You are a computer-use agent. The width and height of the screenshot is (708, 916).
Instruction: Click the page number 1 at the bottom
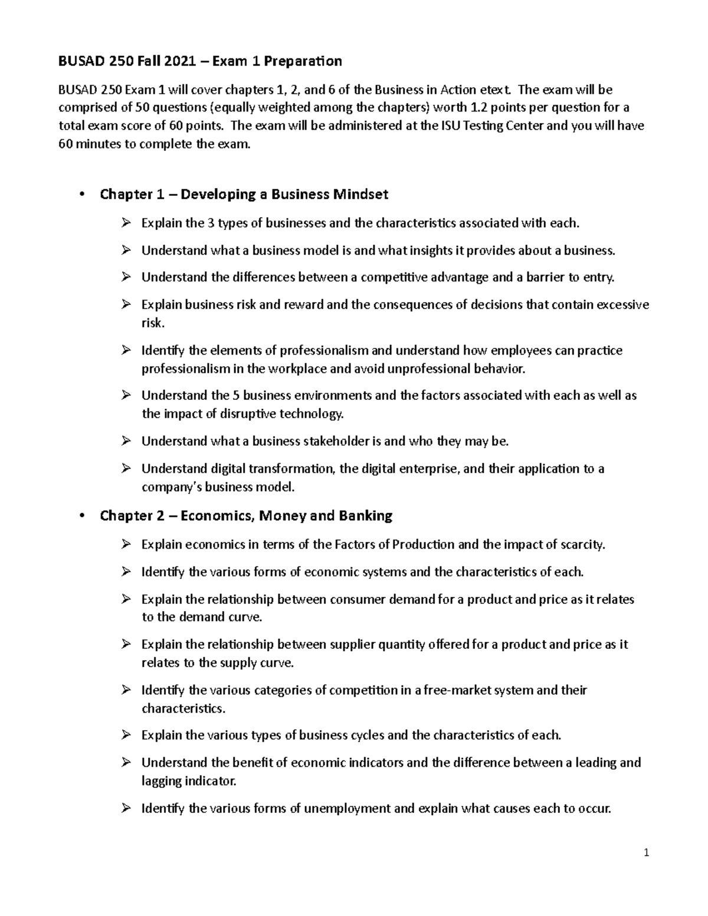click(647, 852)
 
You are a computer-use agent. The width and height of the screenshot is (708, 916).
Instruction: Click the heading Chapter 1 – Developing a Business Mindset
click(244, 194)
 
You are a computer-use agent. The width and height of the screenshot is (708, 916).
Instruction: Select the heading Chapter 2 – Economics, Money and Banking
click(246, 516)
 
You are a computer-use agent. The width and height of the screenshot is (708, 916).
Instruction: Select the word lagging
click(161, 781)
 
